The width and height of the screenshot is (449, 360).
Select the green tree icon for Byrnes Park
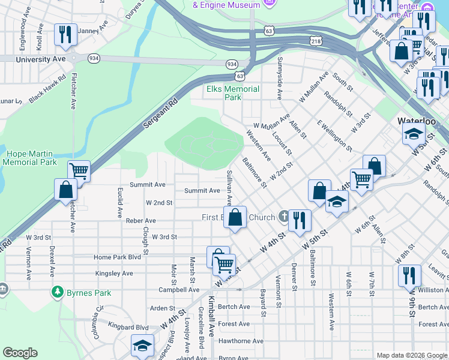(58, 292)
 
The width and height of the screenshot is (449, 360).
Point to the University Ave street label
(41, 59)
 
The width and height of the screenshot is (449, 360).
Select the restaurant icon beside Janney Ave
(65, 34)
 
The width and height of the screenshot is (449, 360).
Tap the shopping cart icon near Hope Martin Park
(79, 171)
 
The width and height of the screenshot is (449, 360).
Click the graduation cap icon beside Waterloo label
(415, 134)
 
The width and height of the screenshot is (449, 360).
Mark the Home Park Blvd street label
(117, 257)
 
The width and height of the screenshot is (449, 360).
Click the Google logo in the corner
(20, 353)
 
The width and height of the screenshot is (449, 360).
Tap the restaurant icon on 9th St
(409, 275)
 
